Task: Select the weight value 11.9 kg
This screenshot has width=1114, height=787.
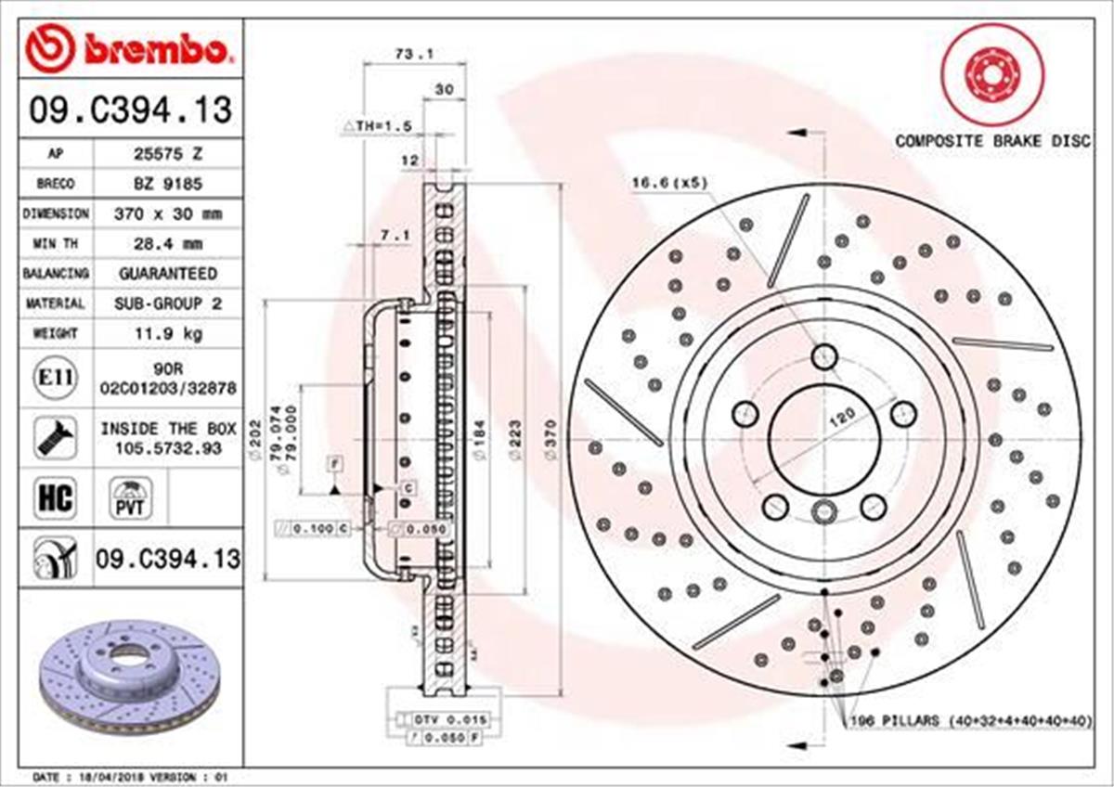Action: (x=168, y=333)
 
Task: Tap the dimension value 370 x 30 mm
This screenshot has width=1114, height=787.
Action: (x=168, y=213)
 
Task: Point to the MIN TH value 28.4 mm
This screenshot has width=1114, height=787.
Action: (x=168, y=244)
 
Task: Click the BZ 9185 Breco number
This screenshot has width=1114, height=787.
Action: (x=168, y=184)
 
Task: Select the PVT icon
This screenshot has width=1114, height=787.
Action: (x=129, y=498)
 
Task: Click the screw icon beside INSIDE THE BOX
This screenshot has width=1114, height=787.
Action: (x=55, y=436)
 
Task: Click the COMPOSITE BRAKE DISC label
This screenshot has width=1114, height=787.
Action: (x=991, y=141)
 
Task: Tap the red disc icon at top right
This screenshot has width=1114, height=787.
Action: (x=991, y=73)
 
